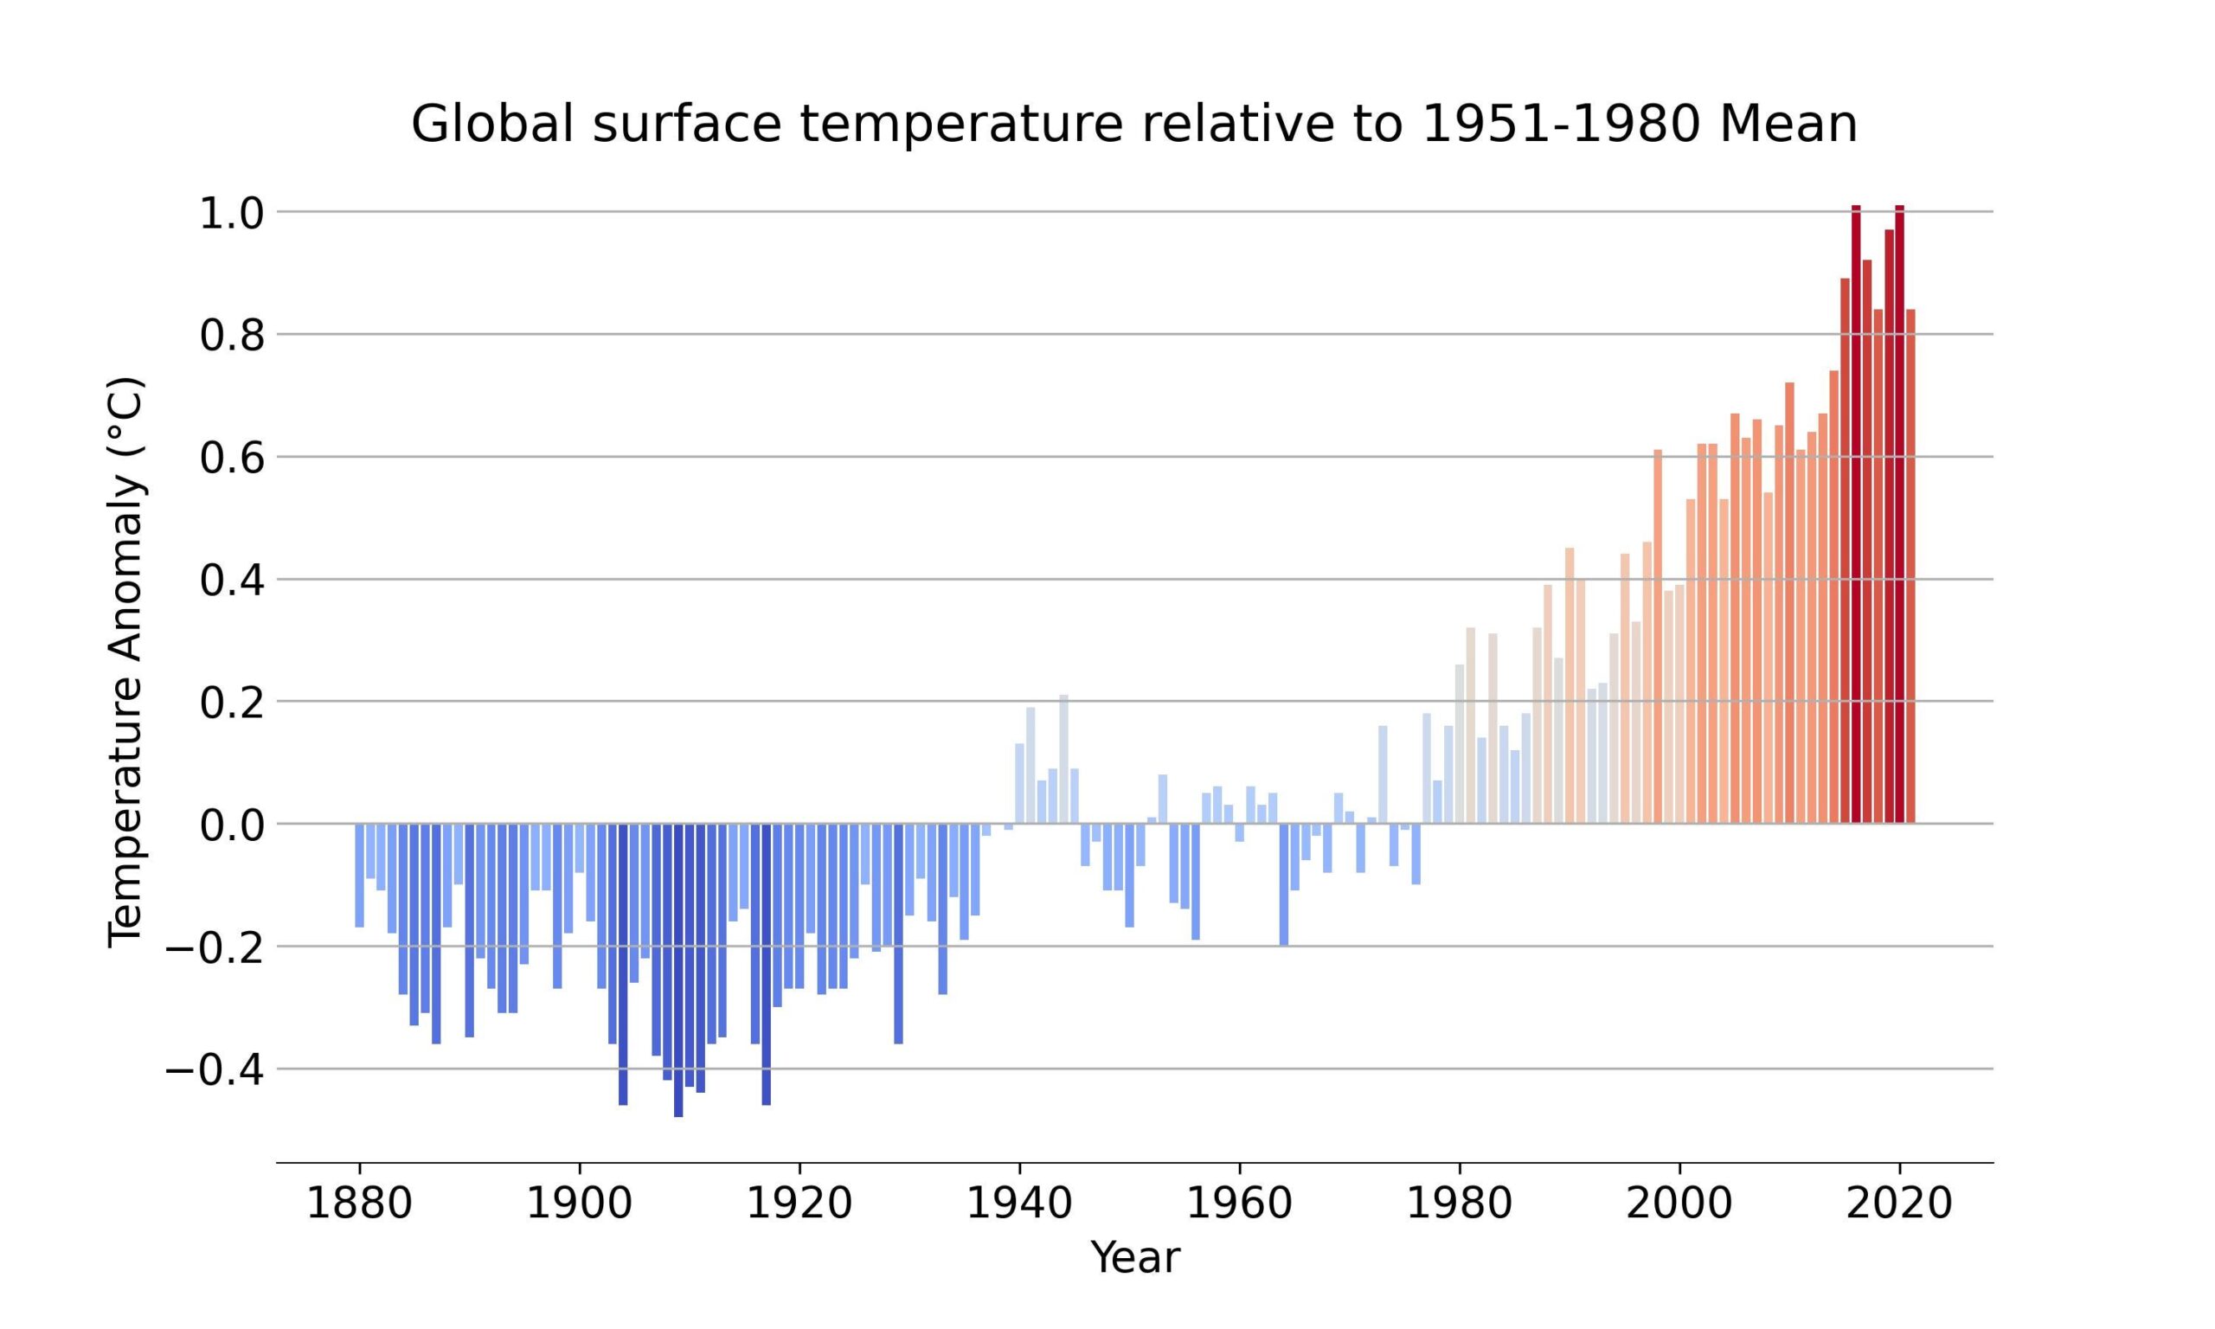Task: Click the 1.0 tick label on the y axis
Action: click(x=231, y=214)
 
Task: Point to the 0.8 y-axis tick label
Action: click(x=231, y=337)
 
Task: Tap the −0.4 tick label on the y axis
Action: click(x=215, y=1071)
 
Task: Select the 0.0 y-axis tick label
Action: click(x=231, y=826)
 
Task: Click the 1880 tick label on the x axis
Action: click(x=359, y=1203)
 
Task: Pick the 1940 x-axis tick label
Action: click(x=1019, y=1203)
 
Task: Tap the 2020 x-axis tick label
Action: click(x=1899, y=1203)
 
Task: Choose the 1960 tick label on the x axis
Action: click(x=1239, y=1203)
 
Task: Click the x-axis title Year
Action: click(x=1134, y=1258)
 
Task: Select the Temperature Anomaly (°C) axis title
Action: click(x=125, y=663)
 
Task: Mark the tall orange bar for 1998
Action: click(x=1658, y=636)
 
